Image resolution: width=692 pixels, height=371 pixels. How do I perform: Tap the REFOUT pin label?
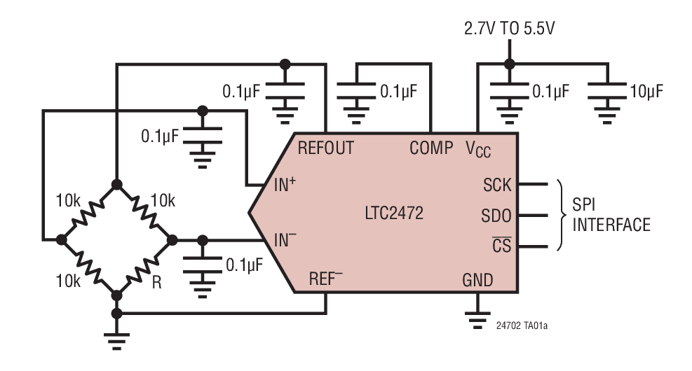click(x=326, y=148)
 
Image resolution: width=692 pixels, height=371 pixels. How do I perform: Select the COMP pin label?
click(x=431, y=148)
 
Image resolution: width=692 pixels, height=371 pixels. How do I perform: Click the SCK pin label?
click(x=497, y=185)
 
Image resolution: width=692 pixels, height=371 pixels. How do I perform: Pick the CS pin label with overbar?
click(x=502, y=246)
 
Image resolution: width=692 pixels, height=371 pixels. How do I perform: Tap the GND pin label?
click(x=477, y=281)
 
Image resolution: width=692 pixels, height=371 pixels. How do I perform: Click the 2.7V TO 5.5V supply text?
click(x=510, y=29)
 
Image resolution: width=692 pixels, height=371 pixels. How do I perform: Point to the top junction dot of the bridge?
click(x=116, y=184)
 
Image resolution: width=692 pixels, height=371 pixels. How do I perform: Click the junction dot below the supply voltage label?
click(x=510, y=64)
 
